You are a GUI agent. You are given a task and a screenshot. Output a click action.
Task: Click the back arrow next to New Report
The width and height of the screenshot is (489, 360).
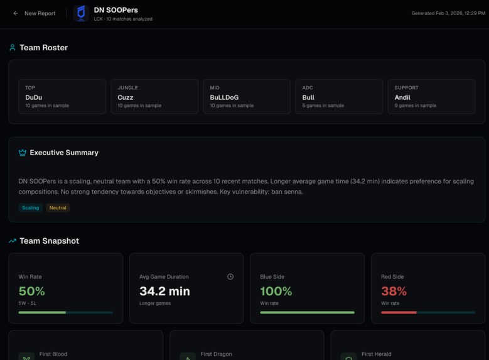(16, 13)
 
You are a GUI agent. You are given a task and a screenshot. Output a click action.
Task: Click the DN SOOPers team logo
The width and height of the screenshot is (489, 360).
(81, 13)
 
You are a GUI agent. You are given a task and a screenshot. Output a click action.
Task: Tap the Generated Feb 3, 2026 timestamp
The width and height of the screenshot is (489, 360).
(448, 13)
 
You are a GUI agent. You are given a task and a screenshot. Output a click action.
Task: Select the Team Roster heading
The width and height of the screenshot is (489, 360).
(43, 48)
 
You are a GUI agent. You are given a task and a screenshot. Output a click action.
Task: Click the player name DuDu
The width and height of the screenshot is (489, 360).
(34, 97)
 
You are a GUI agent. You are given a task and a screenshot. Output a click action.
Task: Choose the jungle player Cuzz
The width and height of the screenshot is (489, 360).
(126, 97)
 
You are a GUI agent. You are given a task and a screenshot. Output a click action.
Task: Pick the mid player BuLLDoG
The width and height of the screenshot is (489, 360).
(224, 97)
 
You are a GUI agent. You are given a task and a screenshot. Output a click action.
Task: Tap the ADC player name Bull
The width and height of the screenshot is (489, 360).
(308, 97)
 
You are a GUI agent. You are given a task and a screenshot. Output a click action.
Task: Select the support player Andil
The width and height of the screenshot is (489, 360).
(402, 97)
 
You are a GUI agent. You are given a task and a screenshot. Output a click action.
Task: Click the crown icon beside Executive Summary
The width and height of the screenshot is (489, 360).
(23, 153)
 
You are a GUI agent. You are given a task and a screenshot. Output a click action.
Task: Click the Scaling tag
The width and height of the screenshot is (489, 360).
(30, 207)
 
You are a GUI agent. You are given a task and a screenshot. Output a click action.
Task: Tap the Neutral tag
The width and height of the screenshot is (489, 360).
(58, 207)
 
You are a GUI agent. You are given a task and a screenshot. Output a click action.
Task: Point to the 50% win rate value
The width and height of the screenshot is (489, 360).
(32, 291)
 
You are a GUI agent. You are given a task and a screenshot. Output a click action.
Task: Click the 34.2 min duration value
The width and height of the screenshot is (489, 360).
(164, 291)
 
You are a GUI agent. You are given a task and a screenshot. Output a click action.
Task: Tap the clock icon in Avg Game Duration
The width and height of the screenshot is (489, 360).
(230, 276)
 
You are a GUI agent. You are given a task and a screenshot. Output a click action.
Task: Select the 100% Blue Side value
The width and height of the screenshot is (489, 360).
(276, 291)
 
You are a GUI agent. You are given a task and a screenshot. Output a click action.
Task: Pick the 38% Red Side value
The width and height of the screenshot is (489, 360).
(394, 291)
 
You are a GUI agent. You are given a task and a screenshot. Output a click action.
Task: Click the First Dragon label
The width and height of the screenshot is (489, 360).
(216, 354)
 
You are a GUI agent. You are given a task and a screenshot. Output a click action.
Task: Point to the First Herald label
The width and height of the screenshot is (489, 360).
(377, 354)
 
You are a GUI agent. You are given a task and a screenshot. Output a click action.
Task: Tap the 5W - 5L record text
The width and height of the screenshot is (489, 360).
(27, 303)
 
